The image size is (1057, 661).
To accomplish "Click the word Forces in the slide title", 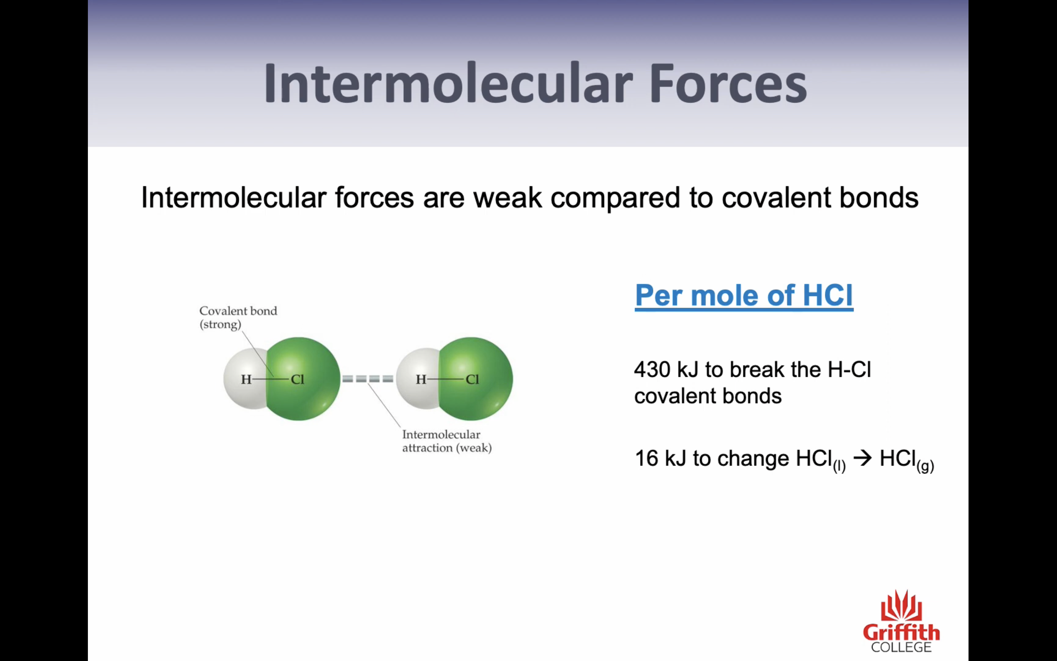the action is (x=728, y=83).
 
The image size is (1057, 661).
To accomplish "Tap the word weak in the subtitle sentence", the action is (x=508, y=198).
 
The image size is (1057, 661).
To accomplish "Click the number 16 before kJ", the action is (x=646, y=459).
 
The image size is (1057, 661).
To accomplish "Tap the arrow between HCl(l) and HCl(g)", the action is (x=863, y=458).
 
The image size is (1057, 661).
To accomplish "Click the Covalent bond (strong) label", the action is (x=238, y=318).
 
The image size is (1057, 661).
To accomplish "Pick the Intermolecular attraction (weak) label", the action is (x=447, y=441).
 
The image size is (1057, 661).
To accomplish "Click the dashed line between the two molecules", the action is (x=367, y=379).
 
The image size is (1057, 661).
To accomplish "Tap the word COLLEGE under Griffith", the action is (x=901, y=647).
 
